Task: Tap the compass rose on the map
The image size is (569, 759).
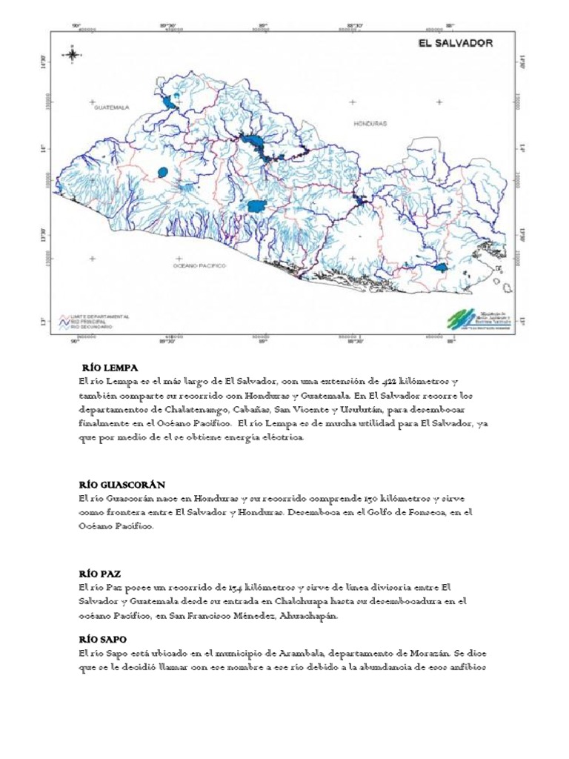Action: click(x=72, y=54)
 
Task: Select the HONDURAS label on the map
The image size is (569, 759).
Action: click(x=371, y=124)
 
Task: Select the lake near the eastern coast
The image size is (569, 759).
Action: click(x=442, y=268)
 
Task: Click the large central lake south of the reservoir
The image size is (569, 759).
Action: click(x=256, y=206)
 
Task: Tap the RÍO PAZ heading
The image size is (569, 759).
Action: click(x=99, y=574)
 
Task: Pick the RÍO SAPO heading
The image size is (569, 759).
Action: click(x=102, y=638)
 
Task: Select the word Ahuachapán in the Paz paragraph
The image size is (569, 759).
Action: click(x=316, y=616)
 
